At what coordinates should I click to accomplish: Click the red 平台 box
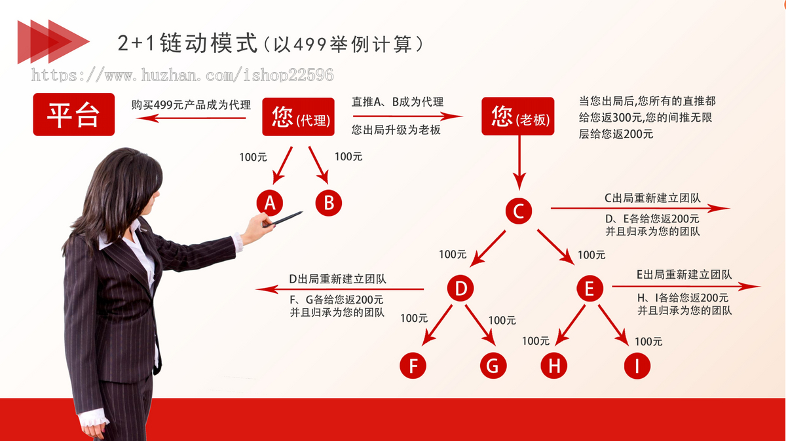tap(73, 115)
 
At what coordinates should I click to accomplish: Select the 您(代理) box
tap(298, 116)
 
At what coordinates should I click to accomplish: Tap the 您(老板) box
tap(518, 116)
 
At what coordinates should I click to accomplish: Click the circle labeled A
tap(269, 203)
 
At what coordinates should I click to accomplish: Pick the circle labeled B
tap(328, 203)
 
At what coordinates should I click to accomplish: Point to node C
tap(519, 211)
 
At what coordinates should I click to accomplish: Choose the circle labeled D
tap(460, 288)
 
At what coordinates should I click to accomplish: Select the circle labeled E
tap(590, 288)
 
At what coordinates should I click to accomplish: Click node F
tap(413, 366)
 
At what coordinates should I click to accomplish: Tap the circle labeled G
tap(493, 366)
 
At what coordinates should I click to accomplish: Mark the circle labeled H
tap(553, 366)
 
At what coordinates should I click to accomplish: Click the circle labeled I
tap(637, 366)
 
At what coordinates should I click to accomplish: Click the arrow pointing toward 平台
tap(191, 118)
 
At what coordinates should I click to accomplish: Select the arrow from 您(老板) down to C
tap(519, 163)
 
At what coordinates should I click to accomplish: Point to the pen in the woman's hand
tap(283, 219)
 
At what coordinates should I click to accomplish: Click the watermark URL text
tap(183, 75)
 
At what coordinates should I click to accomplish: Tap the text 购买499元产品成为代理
tap(191, 105)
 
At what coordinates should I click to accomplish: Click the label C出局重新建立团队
tap(652, 198)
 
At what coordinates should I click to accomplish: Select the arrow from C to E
tap(555, 247)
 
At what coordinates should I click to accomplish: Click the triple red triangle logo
tap(53, 42)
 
